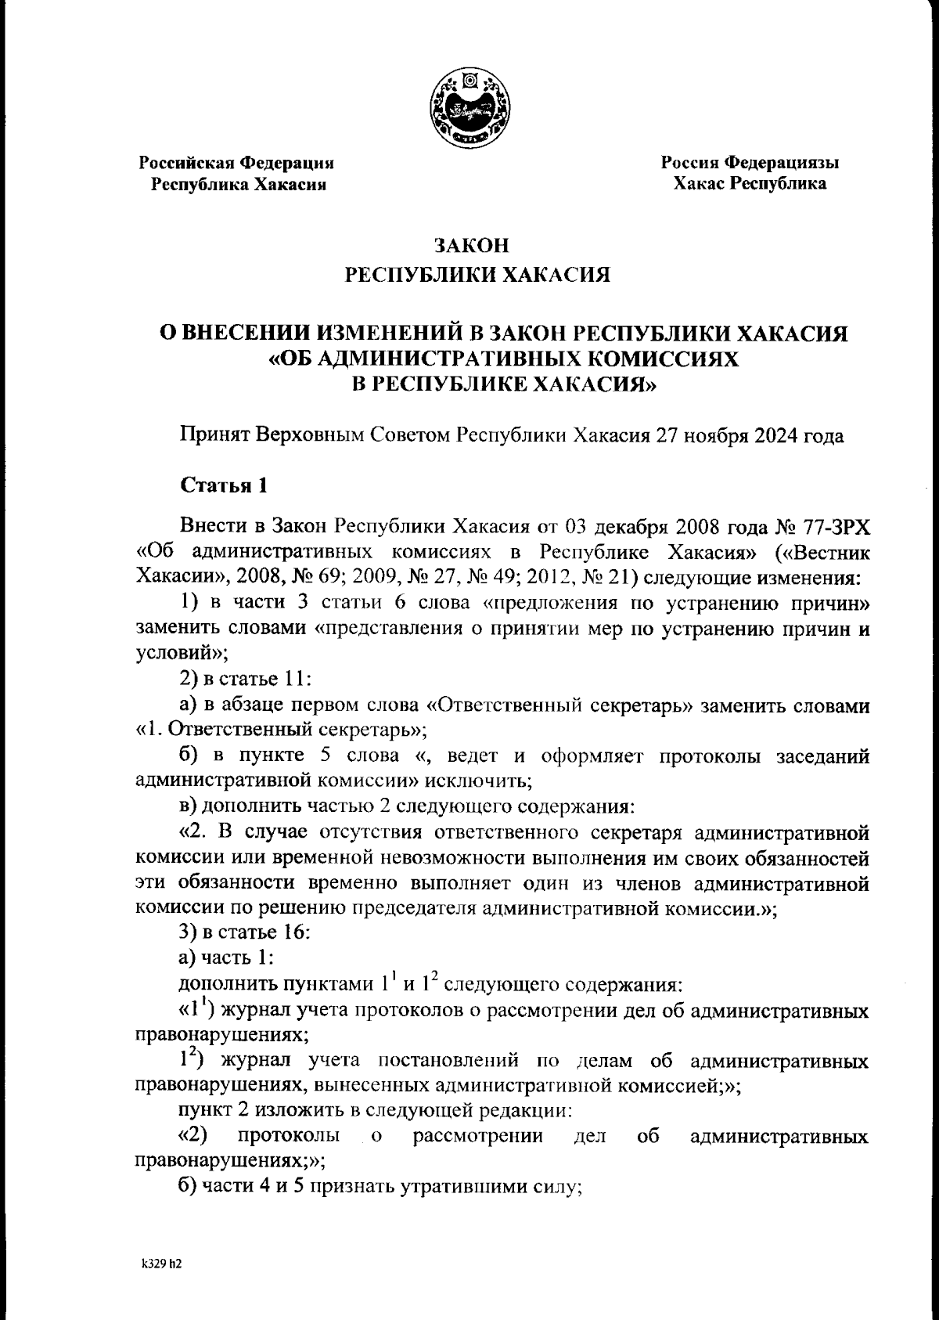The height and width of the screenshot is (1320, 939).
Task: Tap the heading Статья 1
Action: [x=225, y=485]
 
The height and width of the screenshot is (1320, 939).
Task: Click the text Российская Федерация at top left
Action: [x=237, y=163]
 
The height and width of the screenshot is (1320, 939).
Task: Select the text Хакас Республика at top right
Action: [x=750, y=184]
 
